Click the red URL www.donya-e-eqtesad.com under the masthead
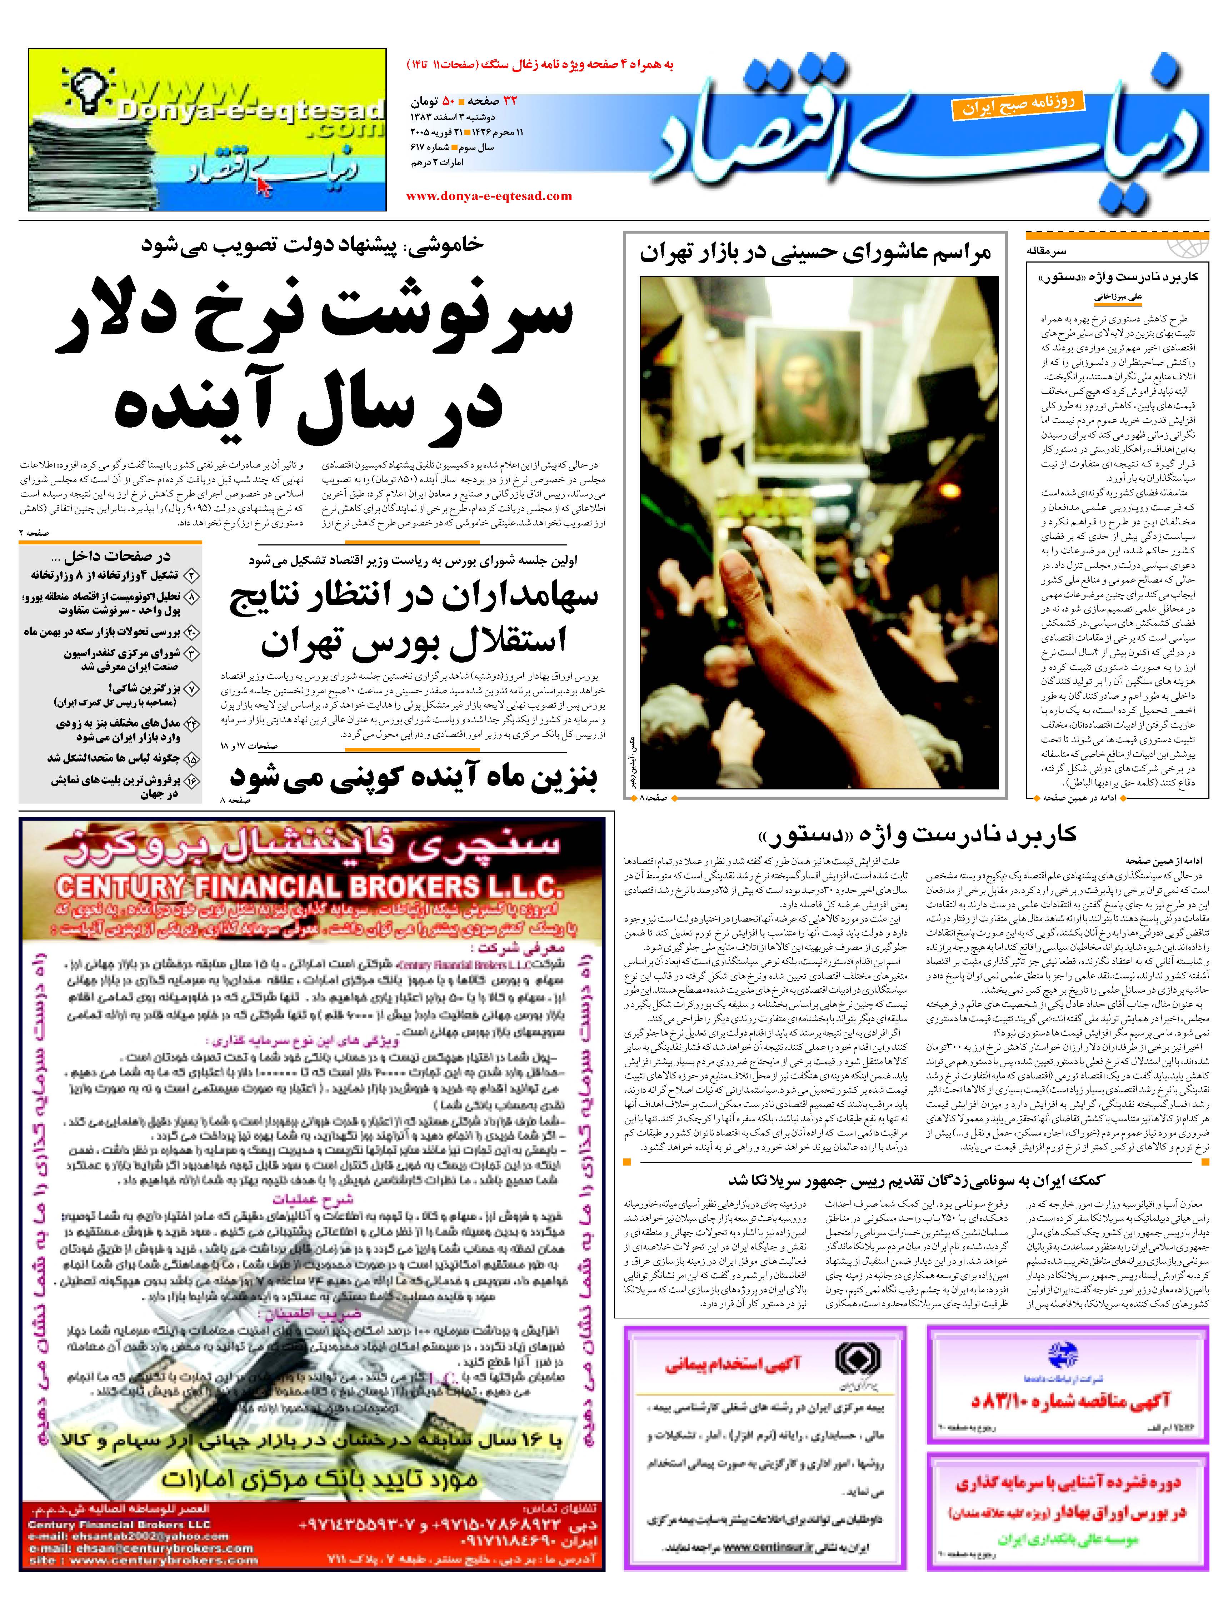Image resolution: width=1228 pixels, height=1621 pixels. tap(489, 196)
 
